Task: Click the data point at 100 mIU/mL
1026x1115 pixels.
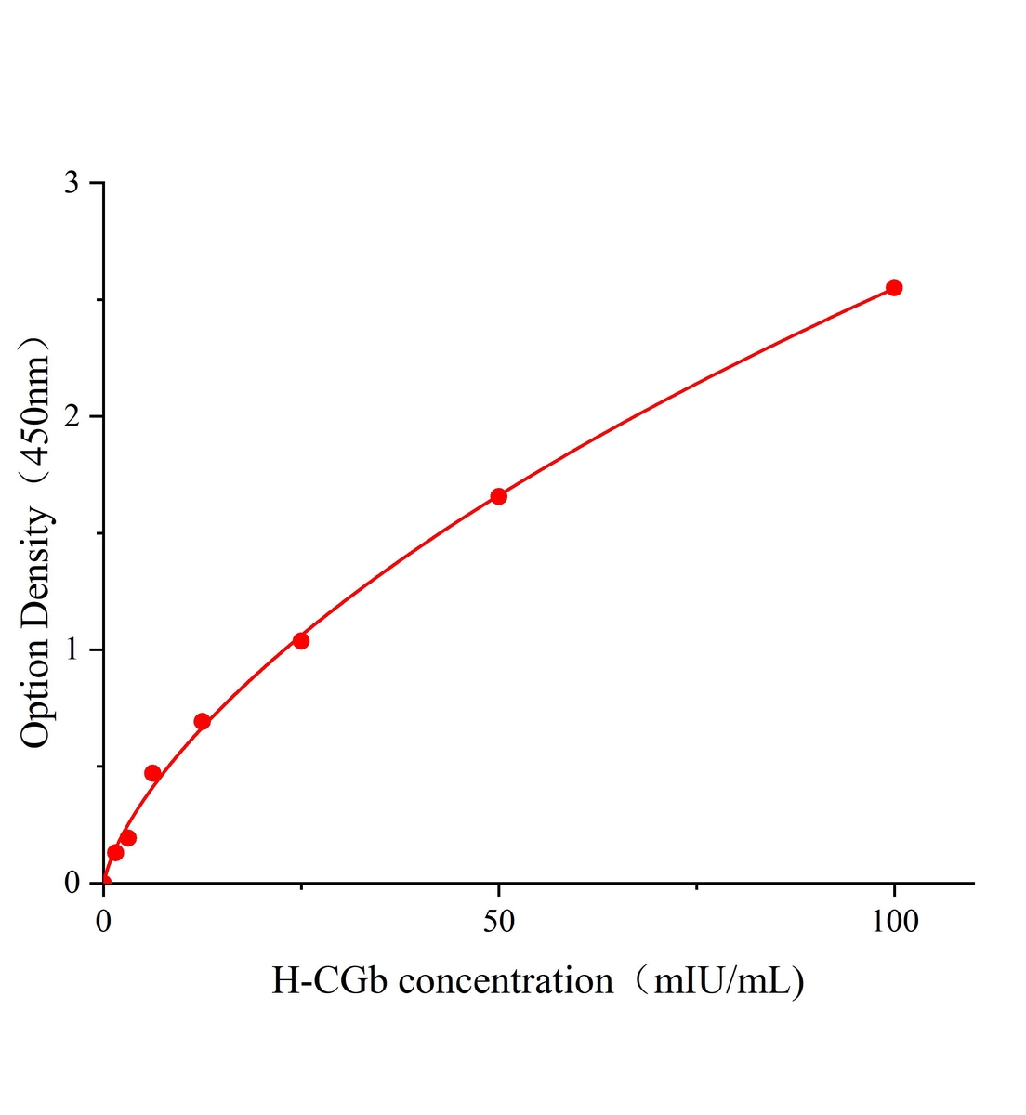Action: (x=894, y=287)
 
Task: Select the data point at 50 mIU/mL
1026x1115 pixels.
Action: (x=499, y=496)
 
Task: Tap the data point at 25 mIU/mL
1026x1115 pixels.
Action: (x=301, y=640)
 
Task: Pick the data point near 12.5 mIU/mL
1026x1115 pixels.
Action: (x=203, y=721)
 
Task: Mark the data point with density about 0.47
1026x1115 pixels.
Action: (x=153, y=773)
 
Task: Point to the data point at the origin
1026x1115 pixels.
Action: (x=104, y=882)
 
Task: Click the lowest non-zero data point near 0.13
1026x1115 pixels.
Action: (x=115, y=852)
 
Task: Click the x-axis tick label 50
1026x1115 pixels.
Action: (x=499, y=921)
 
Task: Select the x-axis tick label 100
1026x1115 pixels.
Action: (x=894, y=921)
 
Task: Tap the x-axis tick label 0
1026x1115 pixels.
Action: (x=104, y=921)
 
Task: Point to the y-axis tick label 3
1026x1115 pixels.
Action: (x=72, y=184)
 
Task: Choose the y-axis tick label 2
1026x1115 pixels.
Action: (x=72, y=416)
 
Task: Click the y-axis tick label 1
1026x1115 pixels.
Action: (x=72, y=649)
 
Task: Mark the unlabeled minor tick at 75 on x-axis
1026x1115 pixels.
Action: (x=697, y=886)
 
